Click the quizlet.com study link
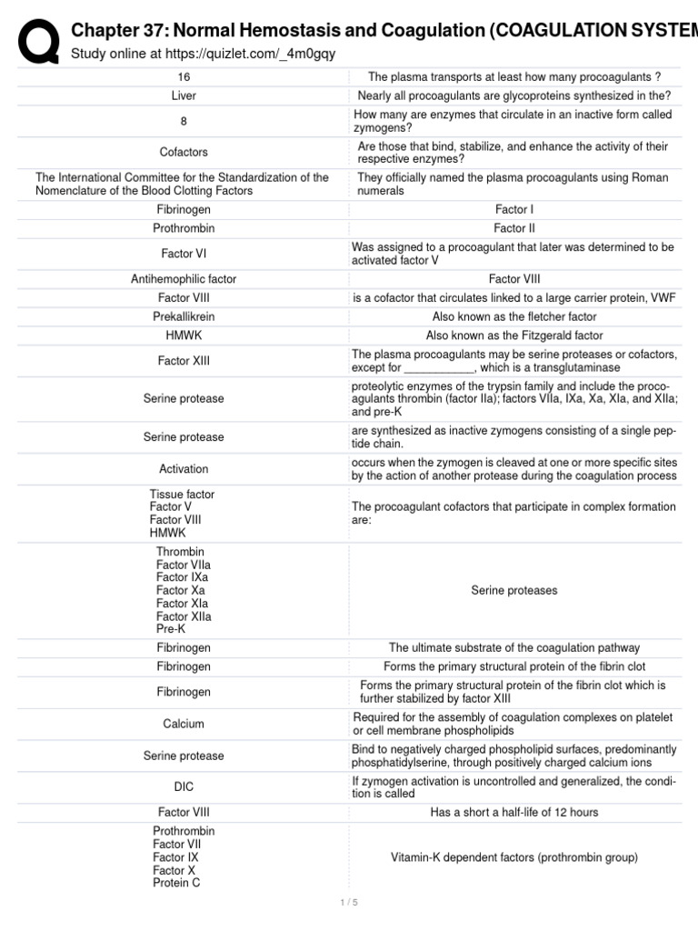coord(203,54)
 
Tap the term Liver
coord(184,95)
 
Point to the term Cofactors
coord(184,152)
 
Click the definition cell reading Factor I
coord(514,209)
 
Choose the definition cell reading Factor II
coord(514,228)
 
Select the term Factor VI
coord(184,254)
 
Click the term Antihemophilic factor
coord(184,279)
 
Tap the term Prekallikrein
coord(184,316)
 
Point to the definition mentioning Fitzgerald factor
coord(514,335)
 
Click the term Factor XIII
coord(184,361)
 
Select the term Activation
coord(184,469)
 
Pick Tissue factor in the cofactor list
coord(182,495)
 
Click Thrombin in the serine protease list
coord(180,552)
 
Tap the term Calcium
coord(184,724)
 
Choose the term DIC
coord(184,786)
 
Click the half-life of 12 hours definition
coord(514,812)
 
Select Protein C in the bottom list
coord(176,883)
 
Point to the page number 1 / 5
coord(349,903)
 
